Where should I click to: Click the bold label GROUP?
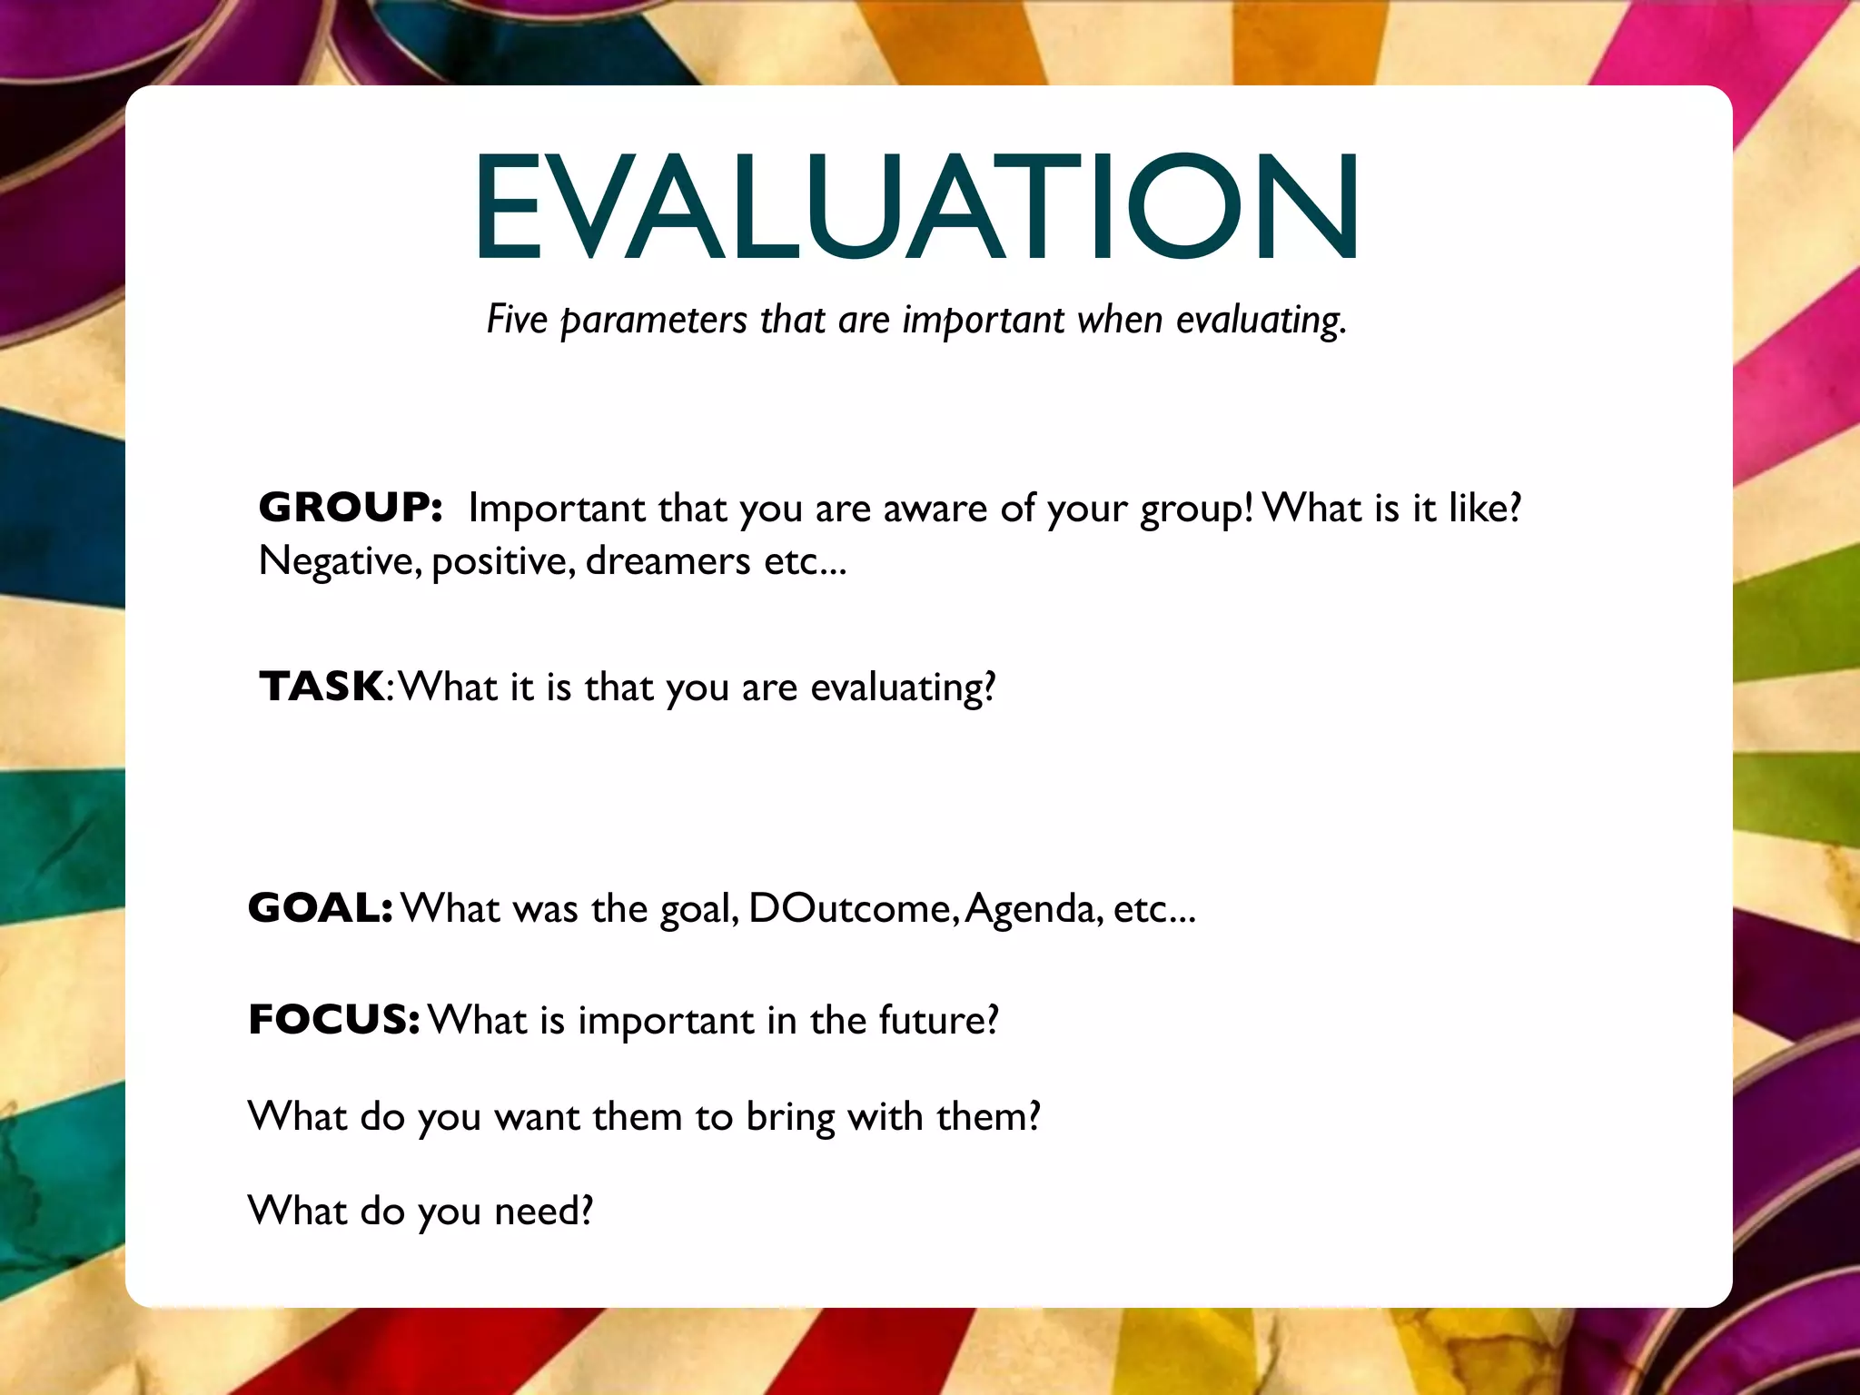[351, 507]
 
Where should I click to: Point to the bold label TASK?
[322, 686]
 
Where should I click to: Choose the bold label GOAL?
[320, 907]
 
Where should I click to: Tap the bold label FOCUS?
[333, 1019]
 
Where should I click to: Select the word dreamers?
[668, 561]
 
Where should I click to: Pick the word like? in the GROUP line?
[1484, 508]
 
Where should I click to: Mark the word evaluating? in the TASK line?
[903, 688]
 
